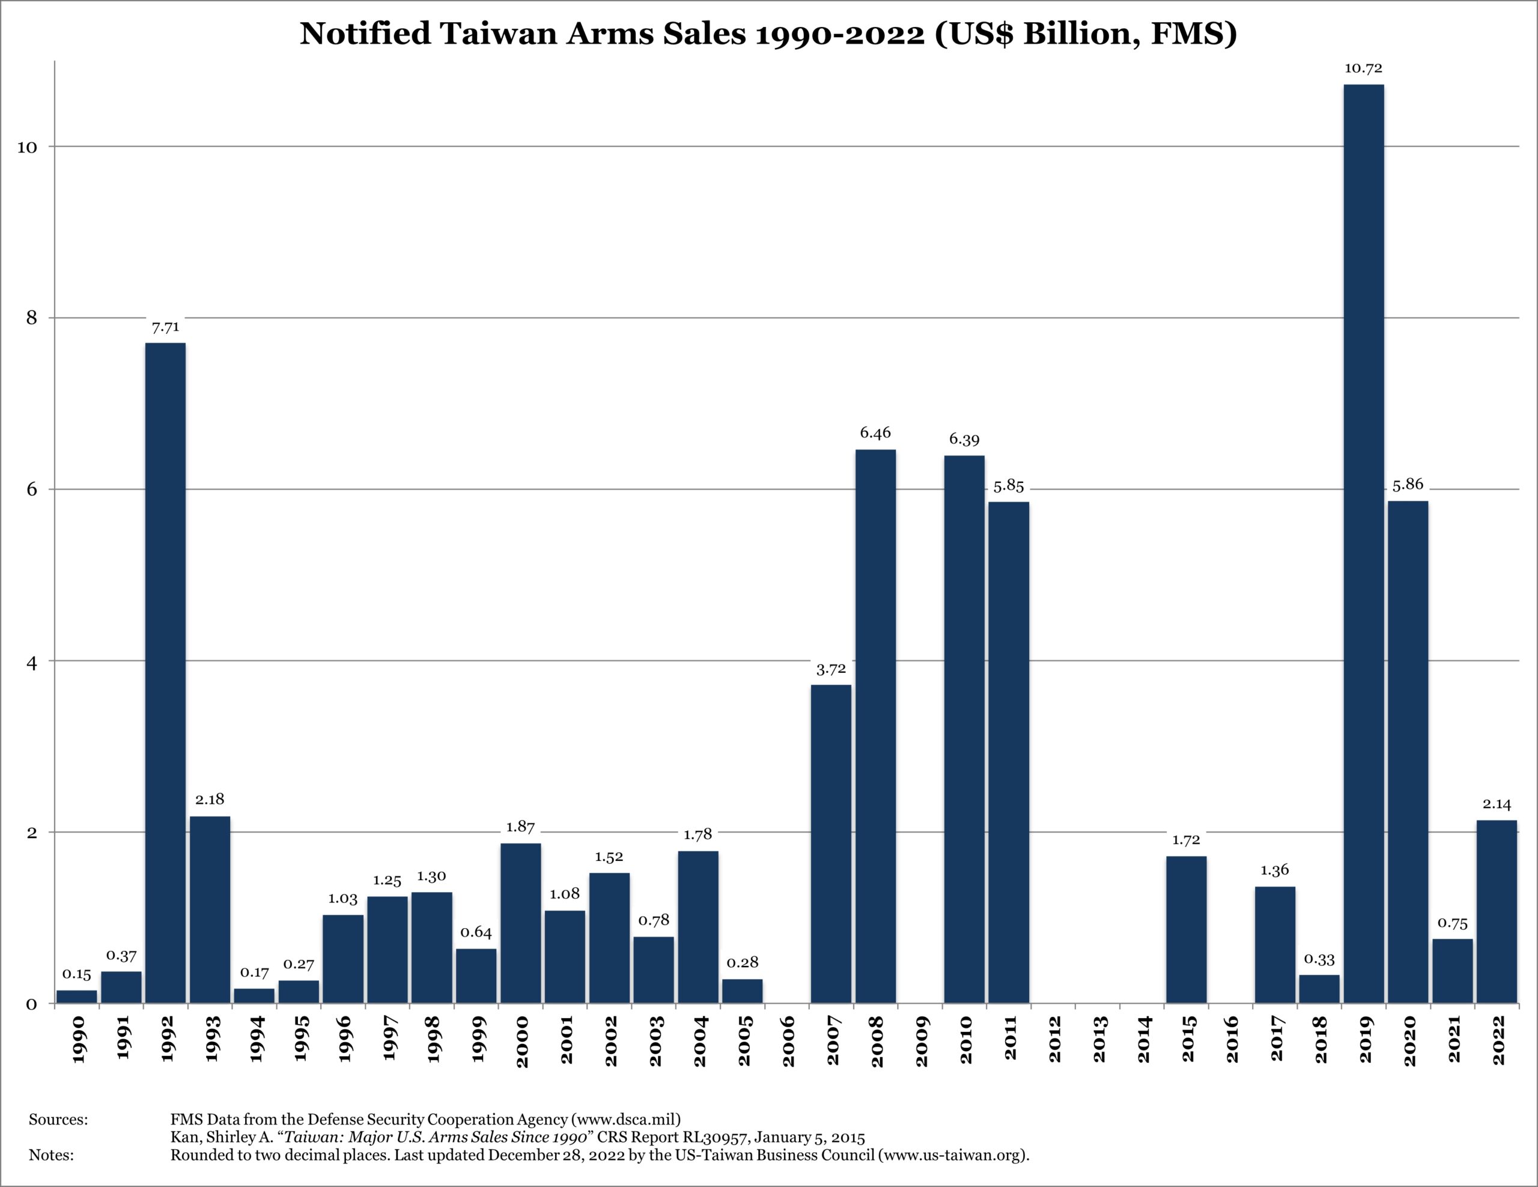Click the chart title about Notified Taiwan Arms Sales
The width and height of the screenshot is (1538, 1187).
tap(768, 34)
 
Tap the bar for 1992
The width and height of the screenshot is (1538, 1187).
tap(165, 672)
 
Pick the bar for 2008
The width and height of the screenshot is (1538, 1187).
tap(875, 726)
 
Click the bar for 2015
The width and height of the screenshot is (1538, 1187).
tap(1186, 929)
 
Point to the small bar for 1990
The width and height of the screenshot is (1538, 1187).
tap(77, 996)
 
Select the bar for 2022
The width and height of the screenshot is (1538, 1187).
tap(1497, 911)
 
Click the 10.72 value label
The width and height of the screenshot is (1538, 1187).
tap(1363, 69)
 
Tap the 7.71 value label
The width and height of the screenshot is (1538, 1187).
tap(165, 327)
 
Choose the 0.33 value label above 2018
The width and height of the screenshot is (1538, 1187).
tap(1319, 959)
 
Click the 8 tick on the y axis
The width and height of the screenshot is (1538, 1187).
tap(32, 318)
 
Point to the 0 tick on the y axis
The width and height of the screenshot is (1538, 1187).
tap(32, 1004)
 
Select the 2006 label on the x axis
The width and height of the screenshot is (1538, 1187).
tap(788, 1040)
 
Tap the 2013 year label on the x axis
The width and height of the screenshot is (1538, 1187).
tap(1099, 1040)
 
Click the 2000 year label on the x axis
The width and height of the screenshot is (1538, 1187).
tap(522, 1040)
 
